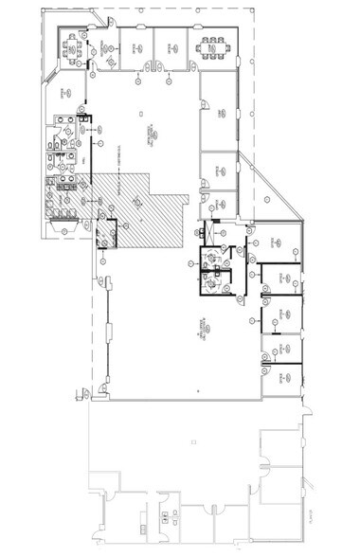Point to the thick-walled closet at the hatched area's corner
coord(106,232)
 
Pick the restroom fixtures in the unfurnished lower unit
coord(169,516)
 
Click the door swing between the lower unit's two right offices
coord(268,467)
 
